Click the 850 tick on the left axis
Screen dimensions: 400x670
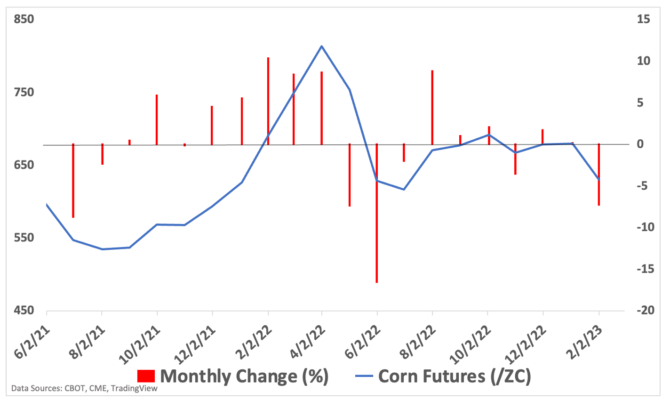point(24,20)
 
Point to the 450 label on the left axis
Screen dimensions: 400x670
point(24,311)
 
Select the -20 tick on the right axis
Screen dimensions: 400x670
point(643,311)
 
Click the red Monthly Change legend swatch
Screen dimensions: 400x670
point(146,376)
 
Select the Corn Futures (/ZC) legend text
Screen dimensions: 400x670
point(454,376)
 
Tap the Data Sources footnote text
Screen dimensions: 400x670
point(85,389)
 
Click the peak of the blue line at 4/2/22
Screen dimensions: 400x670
point(321,46)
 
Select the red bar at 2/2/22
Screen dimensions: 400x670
point(268,101)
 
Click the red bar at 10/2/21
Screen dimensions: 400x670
point(157,120)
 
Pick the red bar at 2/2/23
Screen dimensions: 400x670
point(598,175)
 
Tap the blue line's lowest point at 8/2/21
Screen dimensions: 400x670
point(102,249)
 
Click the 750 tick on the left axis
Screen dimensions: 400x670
point(24,92)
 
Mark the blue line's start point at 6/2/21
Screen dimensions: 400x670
point(47,204)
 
